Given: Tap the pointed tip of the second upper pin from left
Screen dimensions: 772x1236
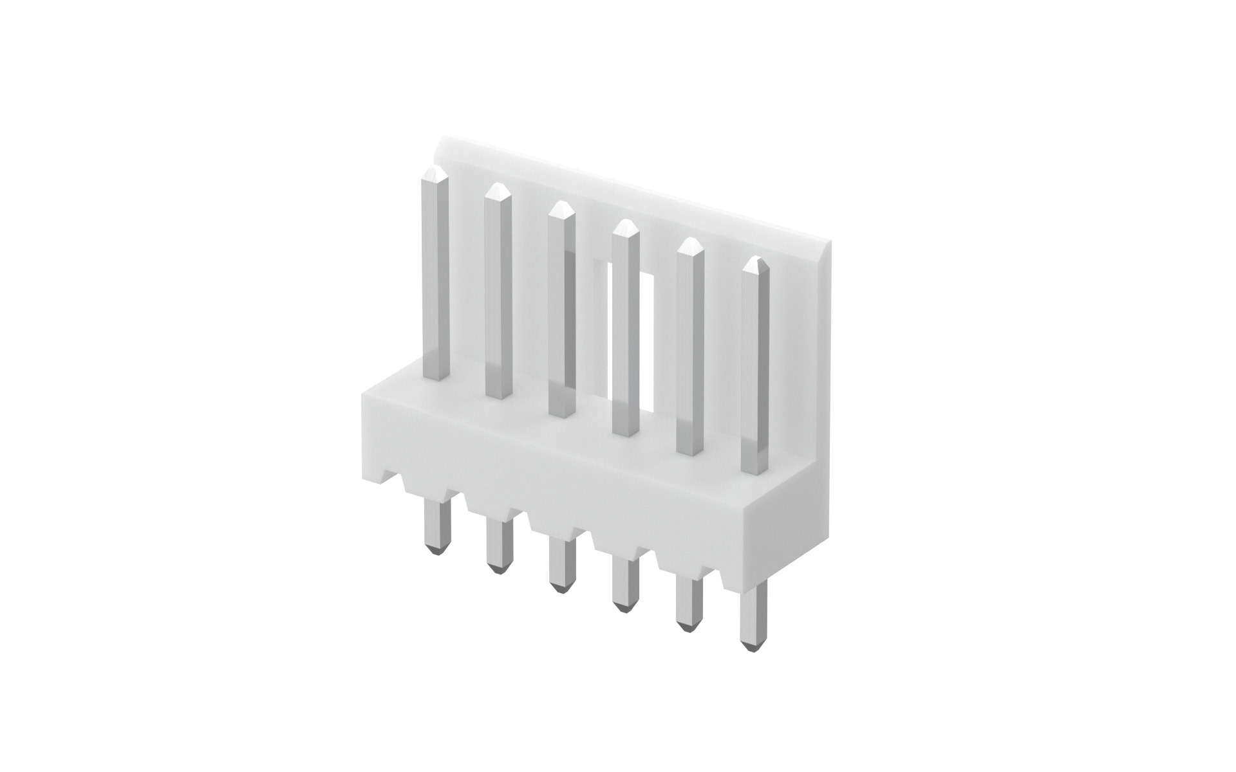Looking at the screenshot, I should tap(498, 187).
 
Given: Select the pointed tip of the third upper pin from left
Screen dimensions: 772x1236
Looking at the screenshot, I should tap(561, 205).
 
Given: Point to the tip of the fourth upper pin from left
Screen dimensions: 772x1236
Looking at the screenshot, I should tap(624, 223).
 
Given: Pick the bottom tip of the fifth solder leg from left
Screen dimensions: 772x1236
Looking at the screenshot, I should tap(688, 625).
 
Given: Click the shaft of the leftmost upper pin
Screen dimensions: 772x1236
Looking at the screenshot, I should tap(435, 277).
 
